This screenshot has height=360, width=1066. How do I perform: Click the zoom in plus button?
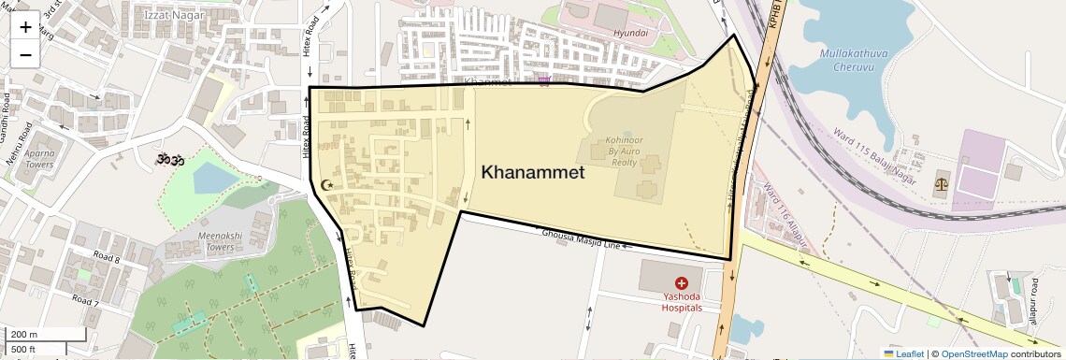[x=25, y=27]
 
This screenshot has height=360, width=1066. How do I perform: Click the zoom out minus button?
[x=25, y=55]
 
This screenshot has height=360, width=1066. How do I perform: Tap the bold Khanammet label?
[x=533, y=172]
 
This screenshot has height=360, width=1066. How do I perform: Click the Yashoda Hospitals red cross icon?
[x=682, y=281]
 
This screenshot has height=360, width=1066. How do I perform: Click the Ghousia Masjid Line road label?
[x=581, y=238]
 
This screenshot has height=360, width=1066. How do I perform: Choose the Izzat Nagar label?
[x=169, y=14]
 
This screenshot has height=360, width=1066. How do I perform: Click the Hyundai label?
[x=630, y=33]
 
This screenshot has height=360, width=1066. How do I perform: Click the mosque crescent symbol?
[x=326, y=185]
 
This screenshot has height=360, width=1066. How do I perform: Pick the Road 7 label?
[x=85, y=301]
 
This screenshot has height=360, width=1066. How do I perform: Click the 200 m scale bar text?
[x=24, y=335]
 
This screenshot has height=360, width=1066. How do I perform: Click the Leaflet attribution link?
[x=904, y=353]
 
